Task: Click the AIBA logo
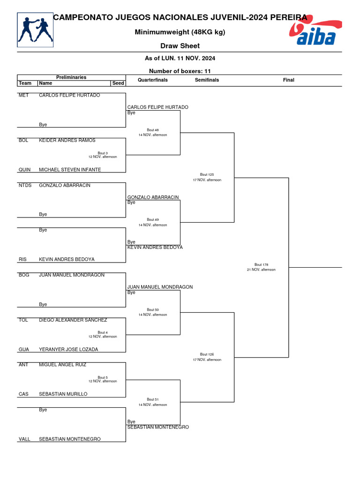[315, 33]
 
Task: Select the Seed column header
[118, 83]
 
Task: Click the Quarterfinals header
[153, 80]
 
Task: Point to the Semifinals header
[207, 80]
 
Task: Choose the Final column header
[288, 80]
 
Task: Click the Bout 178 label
[261, 265]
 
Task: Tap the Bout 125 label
[207, 174]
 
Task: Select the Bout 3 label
[103, 153]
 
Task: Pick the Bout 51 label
[153, 399]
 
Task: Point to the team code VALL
[24, 439]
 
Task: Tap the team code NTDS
[25, 185]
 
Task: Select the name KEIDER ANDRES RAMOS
[67, 140]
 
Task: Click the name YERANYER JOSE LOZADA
[68, 349]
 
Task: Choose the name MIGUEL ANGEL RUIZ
[62, 365]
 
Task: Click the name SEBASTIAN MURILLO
[63, 394]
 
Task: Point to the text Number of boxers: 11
[180, 71]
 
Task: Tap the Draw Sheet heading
[180, 46]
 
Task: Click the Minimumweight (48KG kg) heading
[180, 32]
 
